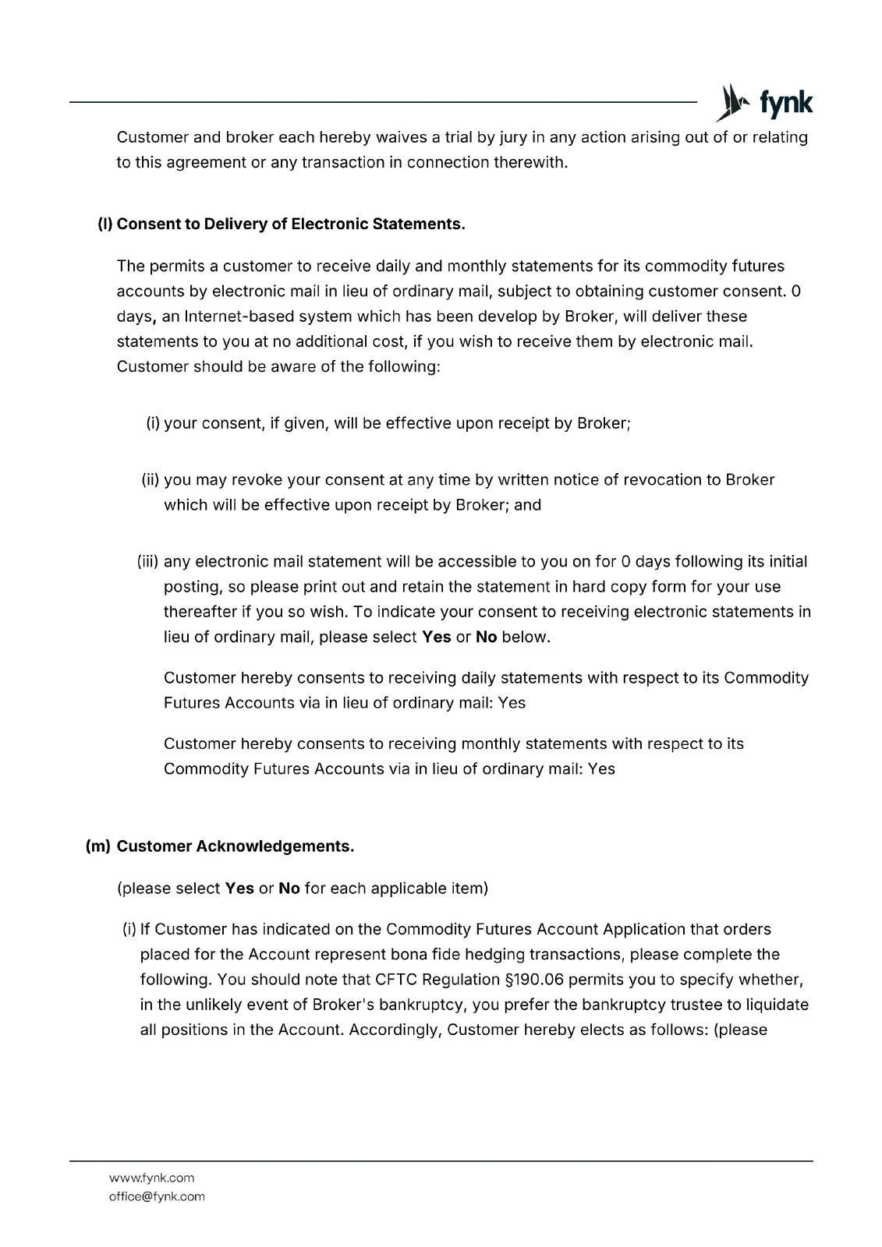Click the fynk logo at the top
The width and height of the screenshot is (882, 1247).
[x=764, y=103]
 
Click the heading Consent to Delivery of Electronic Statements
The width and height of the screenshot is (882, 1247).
[x=291, y=224]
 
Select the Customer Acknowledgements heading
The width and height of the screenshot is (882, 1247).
[x=235, y=846]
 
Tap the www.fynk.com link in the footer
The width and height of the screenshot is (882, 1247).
[x=151, y=1178]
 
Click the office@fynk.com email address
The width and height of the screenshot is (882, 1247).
[x=157, y=1196]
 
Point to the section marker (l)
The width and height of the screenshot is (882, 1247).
[x=105, y=224]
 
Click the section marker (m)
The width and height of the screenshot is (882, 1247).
[x=98, y=846]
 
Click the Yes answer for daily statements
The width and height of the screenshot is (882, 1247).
[x=512, y=703]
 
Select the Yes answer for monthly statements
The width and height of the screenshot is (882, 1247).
[x=601, y=769]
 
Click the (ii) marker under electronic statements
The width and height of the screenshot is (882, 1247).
[x=151, y=480]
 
